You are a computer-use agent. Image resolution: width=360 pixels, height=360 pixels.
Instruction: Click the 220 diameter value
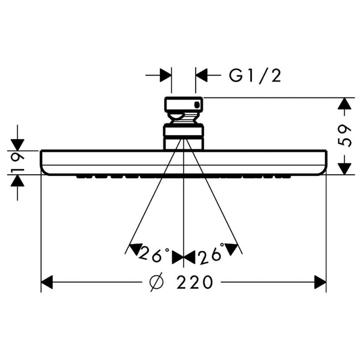(195, 283)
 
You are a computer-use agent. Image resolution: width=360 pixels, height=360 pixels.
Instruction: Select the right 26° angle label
(211, 255)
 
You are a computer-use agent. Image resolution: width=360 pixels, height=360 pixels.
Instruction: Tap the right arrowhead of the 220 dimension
(320, 283)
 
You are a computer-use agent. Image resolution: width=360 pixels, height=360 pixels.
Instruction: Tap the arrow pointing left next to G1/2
(202, 75)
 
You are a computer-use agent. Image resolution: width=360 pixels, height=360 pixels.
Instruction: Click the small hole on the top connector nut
(198, 104)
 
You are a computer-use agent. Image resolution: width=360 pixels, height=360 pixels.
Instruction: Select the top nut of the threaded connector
(183, 104)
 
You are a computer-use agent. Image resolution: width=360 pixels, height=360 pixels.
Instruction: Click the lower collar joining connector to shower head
(183, 137)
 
